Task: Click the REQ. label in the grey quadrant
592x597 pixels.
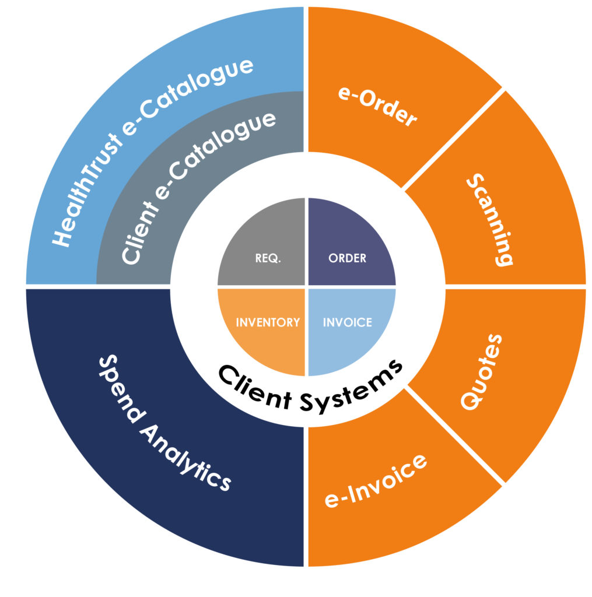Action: point(268,258)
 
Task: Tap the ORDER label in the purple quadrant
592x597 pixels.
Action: point(348,258)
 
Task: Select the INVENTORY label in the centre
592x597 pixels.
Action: point(268,322)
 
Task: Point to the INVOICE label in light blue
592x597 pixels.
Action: point(348,322)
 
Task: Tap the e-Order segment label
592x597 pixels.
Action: point(378,107)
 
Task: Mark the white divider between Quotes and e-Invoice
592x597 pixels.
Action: point(455,434)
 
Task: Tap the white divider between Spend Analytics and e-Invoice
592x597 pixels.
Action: point(306,496)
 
